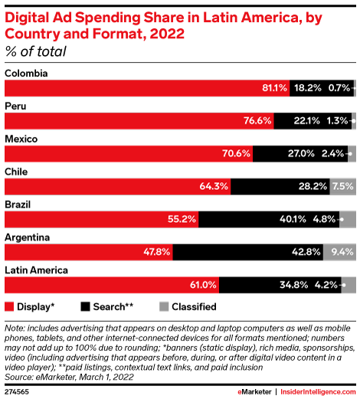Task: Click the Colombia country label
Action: point(26,74)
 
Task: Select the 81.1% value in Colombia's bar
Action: point(274,88)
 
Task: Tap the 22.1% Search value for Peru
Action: point(306,121)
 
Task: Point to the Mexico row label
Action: point(21,139)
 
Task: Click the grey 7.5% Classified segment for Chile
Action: point(342,187)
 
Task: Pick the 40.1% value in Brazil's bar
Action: point(293,219)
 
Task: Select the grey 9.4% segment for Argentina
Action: point(339,252)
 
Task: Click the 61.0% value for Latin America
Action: point(203,285)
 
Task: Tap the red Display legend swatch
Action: point(9,306)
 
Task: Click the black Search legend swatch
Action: point(85,306)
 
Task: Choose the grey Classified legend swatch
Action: point(164,306)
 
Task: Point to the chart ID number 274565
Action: point(17,392)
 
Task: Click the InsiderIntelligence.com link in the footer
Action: point(318,392)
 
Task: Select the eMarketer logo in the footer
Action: point(254,392)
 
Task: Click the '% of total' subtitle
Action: point(36,51)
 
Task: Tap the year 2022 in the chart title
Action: point(167,34)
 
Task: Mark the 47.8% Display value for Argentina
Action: point(157,252)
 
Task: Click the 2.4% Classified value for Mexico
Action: point(332,154)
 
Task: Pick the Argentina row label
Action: point(28,237)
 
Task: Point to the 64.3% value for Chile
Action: point(214,187)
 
